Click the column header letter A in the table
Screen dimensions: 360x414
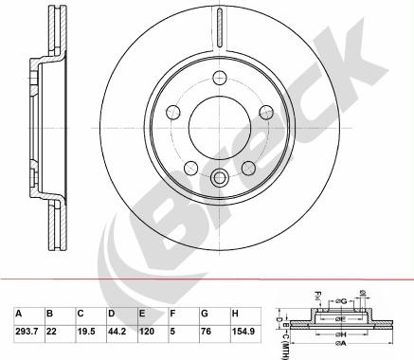point(18,312)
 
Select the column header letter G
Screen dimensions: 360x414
point(204,312)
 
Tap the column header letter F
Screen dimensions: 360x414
point(172,312)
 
